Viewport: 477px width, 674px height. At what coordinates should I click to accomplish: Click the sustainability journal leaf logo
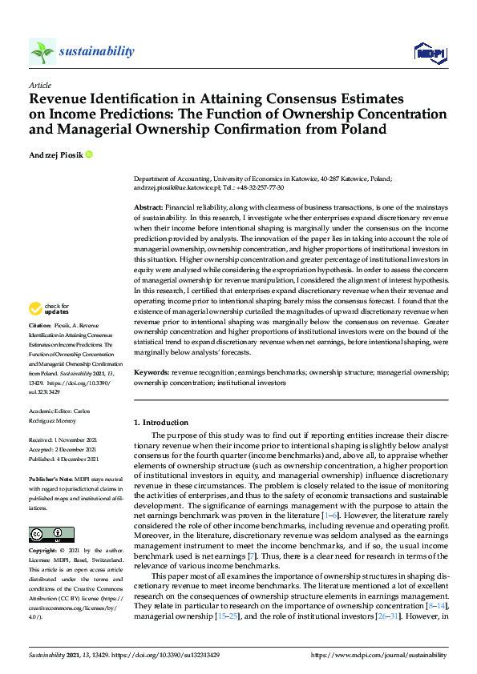coord(42,52)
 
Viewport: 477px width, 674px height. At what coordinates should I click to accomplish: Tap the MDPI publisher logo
coord(429,52)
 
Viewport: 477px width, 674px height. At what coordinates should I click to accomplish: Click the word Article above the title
coord(39,84)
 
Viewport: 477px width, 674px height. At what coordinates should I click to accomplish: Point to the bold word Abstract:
coord(148,207)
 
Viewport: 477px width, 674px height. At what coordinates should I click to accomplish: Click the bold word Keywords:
coord(152,373)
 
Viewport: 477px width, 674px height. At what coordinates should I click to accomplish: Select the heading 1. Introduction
coord(161,422)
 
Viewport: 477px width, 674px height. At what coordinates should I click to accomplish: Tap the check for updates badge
coord(50,308)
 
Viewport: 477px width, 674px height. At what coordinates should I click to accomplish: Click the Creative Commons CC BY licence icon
coord(46,535)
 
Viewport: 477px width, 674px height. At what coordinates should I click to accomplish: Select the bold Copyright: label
coord(44,552)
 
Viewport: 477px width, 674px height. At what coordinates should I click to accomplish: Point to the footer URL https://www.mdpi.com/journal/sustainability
coord(379,655)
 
